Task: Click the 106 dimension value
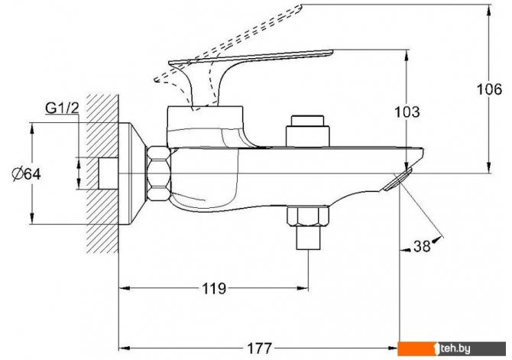[x=489, y=89]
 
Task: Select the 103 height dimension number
[x=407, y=112]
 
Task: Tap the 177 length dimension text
[x=259, y=349]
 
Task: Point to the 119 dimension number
[x=214, y=288]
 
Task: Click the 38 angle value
[x=422, y=246]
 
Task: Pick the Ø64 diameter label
[x=27, y=174]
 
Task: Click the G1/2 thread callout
[x=62, y=108]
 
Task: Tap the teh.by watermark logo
[x=452, y=349]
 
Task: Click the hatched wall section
[x=102, y=174]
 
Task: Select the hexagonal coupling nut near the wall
[x=159, y=174]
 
